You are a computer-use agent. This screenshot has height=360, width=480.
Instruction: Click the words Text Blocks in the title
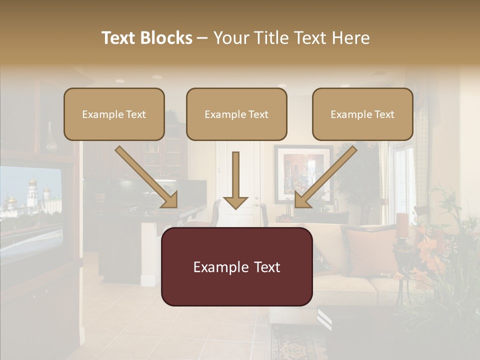coord(147,38)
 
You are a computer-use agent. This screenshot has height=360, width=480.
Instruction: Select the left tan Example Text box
coord(114,114)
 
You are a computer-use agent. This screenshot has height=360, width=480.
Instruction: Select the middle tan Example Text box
coord(236,114)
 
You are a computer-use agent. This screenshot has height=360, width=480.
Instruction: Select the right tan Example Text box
coord(362,114)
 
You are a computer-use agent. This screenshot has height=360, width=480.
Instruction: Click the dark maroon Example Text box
coord(236,266)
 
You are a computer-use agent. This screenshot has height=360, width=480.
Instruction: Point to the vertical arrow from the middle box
coord(235,180)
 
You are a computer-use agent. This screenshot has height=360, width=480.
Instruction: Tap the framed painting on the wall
coord(303,172)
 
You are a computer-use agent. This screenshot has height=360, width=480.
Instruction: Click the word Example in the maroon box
coord(215,266)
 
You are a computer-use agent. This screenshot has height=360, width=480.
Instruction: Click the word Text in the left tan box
coord(135,114)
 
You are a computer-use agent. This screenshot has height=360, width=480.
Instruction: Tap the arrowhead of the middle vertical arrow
coord(235,202)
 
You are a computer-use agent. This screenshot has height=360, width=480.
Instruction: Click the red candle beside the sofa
coord(402,224)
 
